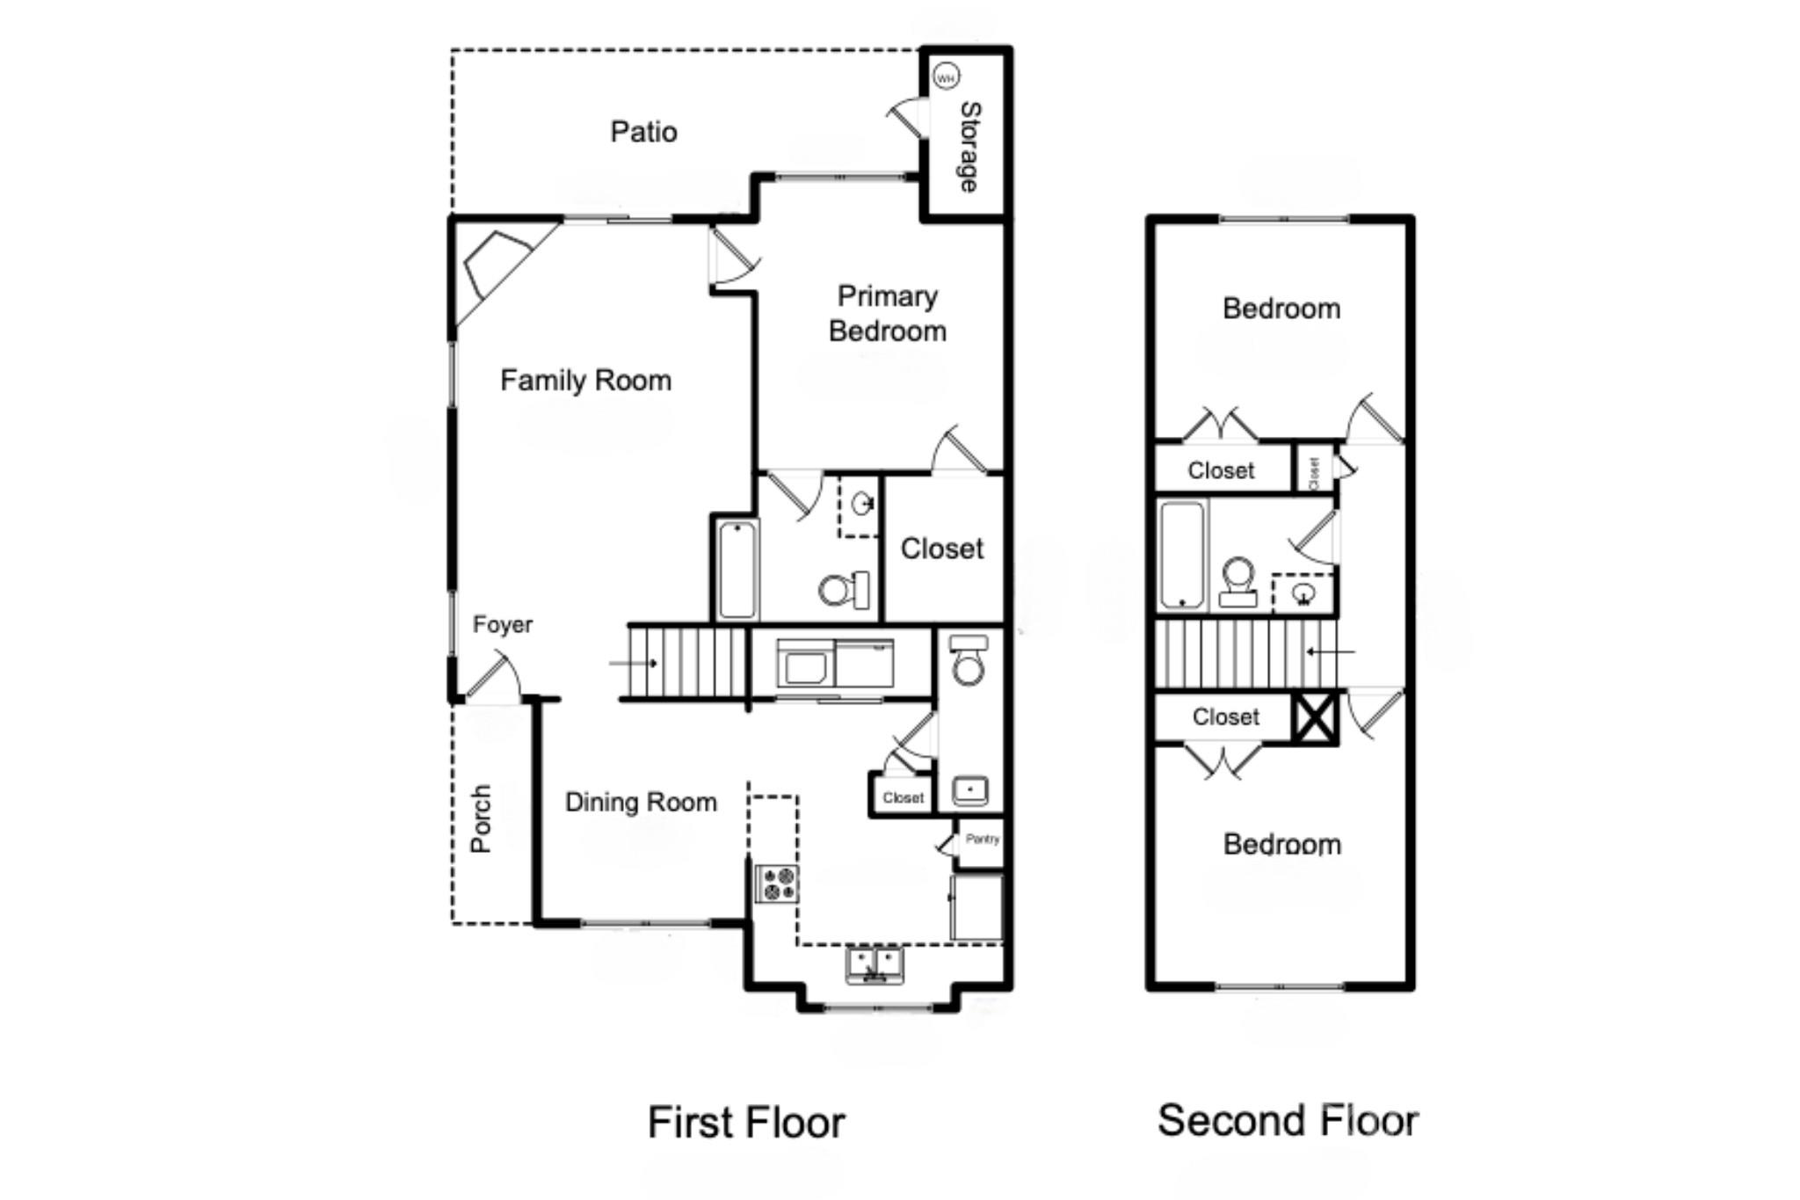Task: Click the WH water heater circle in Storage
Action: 946,77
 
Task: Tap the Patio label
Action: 643,132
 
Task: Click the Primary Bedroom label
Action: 887,314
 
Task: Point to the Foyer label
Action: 502,624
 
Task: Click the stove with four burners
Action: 777,884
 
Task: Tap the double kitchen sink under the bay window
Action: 875,964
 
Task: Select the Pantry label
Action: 982,839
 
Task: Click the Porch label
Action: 481,818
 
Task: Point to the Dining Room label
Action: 641,802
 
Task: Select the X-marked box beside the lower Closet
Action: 1315,717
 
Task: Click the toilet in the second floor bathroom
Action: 1238,581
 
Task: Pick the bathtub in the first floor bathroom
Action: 737,570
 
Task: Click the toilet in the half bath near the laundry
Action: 969,661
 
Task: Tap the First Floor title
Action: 746,1123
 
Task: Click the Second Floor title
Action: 1288,1121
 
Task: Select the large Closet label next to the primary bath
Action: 942,549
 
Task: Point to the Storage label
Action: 969,146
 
